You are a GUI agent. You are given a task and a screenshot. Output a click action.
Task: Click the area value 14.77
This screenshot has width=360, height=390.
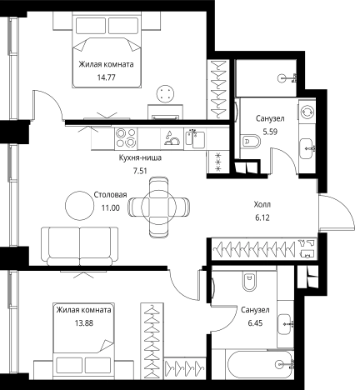[106, 77]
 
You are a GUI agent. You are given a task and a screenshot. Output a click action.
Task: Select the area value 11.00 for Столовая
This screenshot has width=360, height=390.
[111, 207]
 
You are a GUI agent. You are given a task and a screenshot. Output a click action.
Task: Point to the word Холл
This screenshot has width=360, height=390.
[262, 205]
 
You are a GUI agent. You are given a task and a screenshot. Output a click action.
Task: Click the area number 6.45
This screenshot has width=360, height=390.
[255, 323]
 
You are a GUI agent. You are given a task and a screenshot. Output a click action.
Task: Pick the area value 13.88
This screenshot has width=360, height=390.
[84, 323]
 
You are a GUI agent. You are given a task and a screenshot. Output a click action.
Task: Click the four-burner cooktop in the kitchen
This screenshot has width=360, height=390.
[126, 137]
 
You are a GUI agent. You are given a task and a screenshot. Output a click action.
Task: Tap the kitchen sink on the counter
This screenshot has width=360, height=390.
[195, 138]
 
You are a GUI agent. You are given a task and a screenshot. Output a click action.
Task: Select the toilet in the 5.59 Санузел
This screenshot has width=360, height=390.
[251, 142]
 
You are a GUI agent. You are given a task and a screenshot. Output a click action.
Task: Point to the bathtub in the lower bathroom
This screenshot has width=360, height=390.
[260, 364]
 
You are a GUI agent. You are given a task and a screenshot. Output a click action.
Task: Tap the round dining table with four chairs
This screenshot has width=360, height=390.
[158, 207]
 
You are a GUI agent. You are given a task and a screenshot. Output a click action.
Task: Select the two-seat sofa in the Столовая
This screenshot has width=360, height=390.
[80, 246]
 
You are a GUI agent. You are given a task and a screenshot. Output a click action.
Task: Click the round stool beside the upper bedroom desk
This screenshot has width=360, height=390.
[166, 93]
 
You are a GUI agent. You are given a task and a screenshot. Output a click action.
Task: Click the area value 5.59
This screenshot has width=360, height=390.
[270, 132]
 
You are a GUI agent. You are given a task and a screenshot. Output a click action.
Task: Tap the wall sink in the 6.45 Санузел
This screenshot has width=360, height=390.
[285, 323]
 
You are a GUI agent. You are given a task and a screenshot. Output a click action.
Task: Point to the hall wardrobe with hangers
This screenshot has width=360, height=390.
[264, 249]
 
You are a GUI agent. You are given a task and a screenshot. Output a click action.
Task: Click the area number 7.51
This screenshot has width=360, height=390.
[140, 171]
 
